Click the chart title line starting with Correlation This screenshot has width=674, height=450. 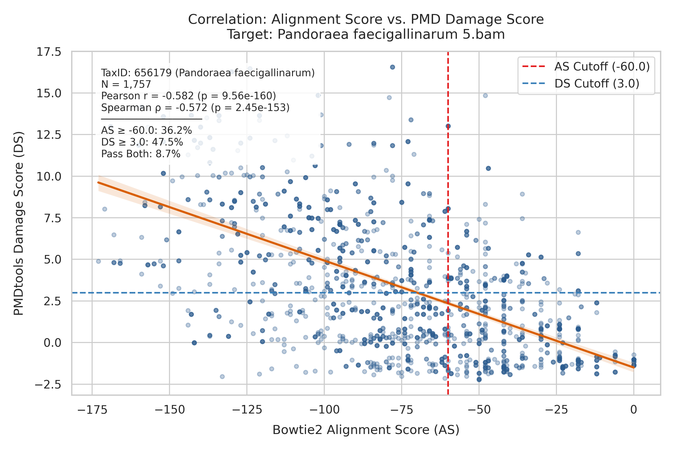pos(366,19)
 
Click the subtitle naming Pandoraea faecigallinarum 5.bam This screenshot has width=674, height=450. pos(366,34)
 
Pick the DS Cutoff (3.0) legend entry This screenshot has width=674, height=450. pos(581,83)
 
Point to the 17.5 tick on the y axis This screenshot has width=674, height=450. pos(49,52)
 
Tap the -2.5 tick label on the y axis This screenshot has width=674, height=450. pos(48,384)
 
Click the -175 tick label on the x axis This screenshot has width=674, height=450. pos(92,410)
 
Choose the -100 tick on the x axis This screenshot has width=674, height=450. pos(324,410)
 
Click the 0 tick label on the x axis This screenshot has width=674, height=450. pos(634,410)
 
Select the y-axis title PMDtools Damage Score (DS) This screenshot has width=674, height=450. pos(19,223)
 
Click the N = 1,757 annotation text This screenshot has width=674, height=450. pos(126,84)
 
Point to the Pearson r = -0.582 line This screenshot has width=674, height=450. pos(188,96)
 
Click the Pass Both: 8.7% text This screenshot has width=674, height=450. pos(141,154)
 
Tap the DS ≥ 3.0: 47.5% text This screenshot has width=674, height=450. pos(142,142)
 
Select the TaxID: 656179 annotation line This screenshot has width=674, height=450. pos(208,73)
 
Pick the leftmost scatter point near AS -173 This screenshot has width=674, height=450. pos(99,261)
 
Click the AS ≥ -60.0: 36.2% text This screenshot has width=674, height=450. pos(147,130)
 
